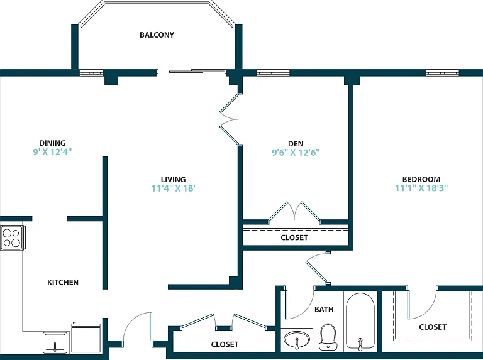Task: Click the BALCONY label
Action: coord(157,35)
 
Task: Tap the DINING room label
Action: coord(52,143)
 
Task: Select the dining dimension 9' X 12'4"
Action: coord(52,151)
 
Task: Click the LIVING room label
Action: coord(173,180)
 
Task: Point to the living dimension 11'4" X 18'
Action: coord(174,188)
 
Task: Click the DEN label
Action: coord(296,144)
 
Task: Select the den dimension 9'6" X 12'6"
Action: coord(296,152)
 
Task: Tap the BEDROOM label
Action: coord(421,179)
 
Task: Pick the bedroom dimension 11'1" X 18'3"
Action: coord(421,188)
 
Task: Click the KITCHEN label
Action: coord(63,282)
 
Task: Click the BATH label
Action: coord(324,309)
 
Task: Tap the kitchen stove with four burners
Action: coord(13,238)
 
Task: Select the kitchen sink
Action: coord(56,342)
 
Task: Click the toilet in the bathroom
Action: coord(328,337)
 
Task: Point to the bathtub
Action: coord(360,321)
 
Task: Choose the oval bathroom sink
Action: coord(297,339)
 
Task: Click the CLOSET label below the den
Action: coord(294,237)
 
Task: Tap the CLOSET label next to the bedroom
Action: coord(433,327)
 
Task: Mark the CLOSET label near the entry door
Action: coord(225,344)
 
